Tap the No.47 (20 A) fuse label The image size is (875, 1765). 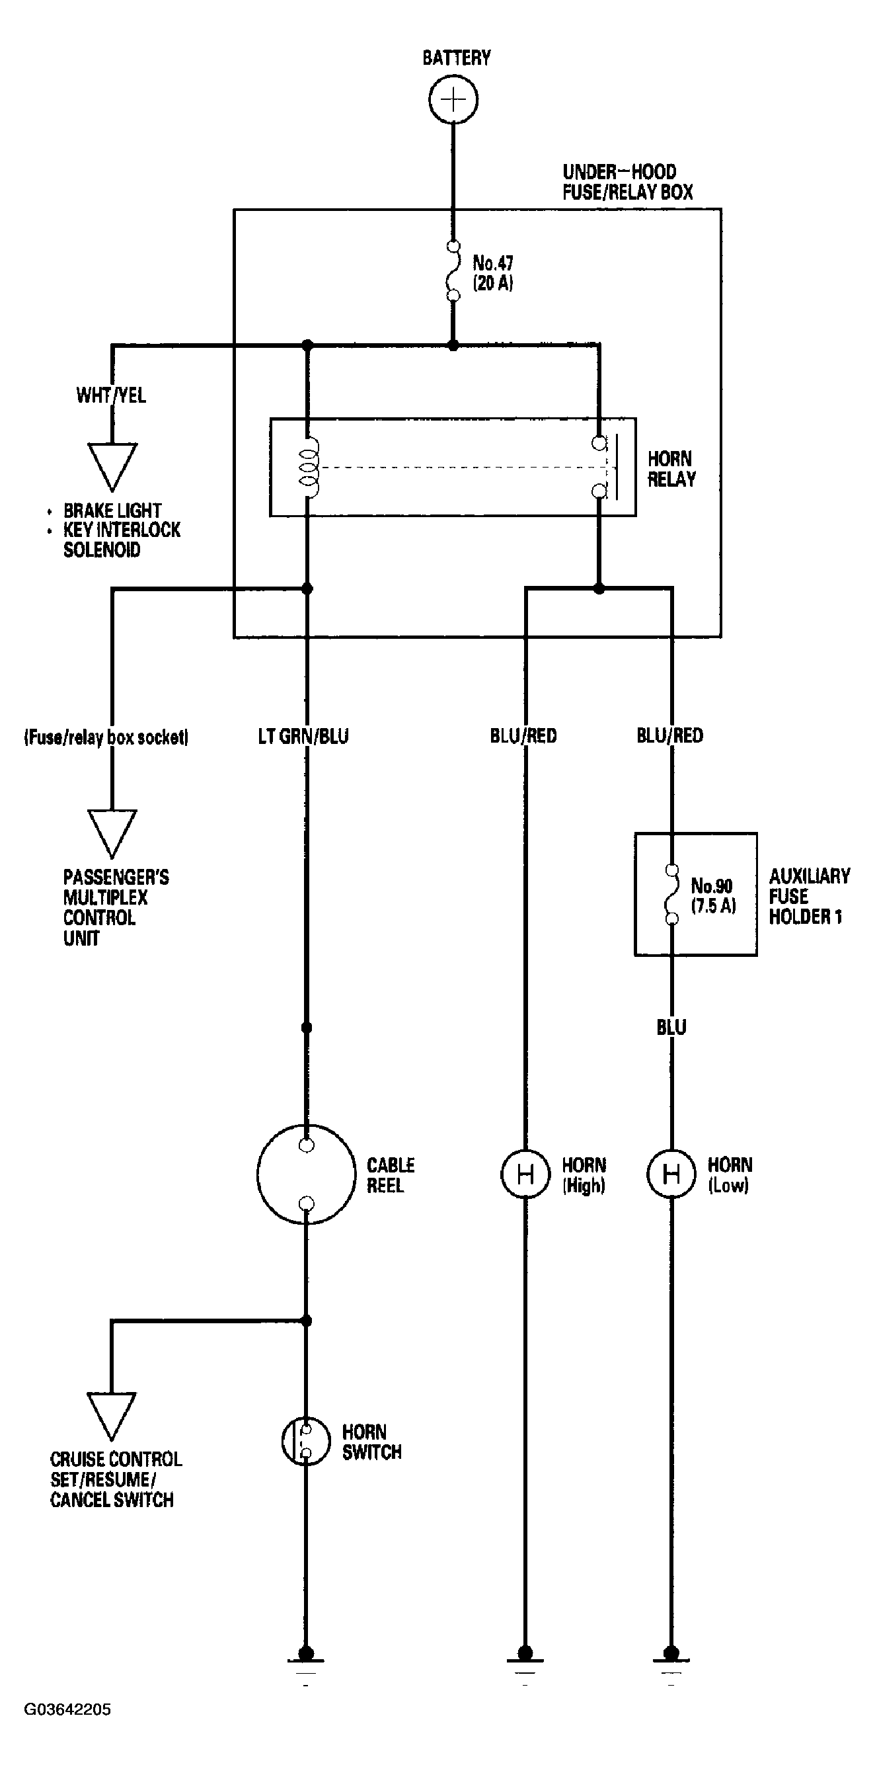point(493,272)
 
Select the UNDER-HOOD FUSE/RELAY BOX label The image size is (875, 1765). point(628,182)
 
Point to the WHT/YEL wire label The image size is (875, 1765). point(111,395)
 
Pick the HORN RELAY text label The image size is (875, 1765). point(671,470)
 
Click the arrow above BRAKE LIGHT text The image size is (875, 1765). point(112,468)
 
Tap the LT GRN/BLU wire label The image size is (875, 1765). point(303,737)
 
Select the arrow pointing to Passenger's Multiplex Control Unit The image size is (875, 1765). point(112,834)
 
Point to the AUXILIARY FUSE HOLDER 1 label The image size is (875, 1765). point(810,896)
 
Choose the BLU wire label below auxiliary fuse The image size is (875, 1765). point(671,1027)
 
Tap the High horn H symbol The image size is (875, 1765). point(525,1174)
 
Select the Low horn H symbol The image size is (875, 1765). point(671,1174)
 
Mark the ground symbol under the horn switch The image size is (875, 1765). point(306,1663)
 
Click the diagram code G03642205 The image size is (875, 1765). point(67,1709)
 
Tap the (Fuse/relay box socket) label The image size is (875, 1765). point(106,737)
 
